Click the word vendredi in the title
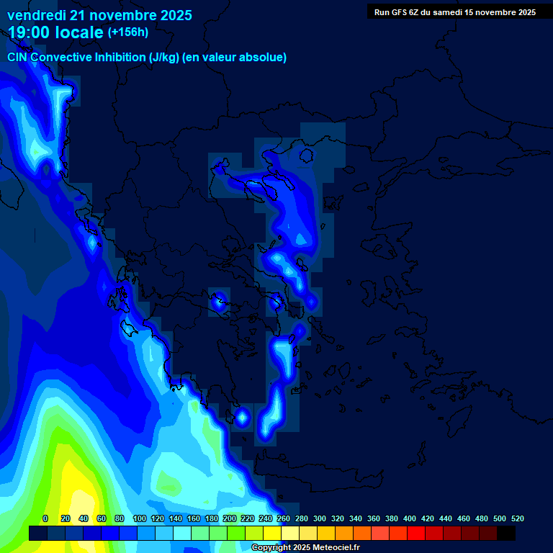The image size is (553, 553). click(x=36, y=14)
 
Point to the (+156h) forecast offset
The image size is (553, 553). click(x=127, y=32)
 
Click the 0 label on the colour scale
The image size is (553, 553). click(x=45, y=518)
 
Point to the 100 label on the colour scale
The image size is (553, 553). click(x=140, y=518)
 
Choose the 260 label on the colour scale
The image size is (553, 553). click(x=284, y=518)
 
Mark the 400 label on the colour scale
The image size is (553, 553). click(x=410, y=518)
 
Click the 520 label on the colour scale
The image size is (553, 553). click(x=518, y=518)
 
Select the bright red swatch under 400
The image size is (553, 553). click(x=416, y=533)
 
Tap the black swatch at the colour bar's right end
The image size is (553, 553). click(x=506, y=533)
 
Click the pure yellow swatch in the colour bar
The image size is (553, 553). click(x=272, y=533)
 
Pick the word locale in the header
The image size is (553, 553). click(x=78, y=32)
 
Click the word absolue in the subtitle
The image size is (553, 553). click(x=263, y=57)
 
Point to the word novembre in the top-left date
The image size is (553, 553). click(x=116, y=14)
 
